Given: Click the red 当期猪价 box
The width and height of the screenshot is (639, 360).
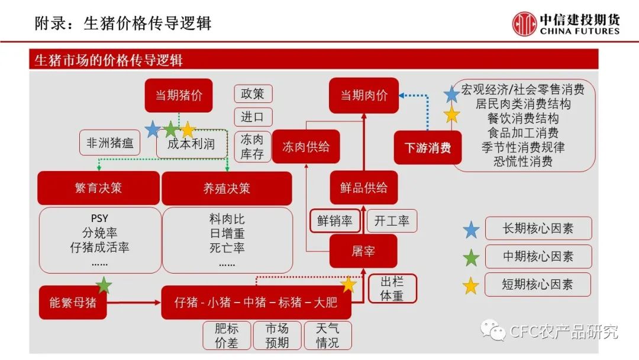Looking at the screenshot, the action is pos(179,95).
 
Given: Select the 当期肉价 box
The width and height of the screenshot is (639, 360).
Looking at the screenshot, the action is pos(364,95).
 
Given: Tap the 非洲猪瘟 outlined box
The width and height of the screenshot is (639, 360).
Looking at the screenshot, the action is pos(109,143).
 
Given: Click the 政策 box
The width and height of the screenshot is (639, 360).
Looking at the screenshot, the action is pos(253,94).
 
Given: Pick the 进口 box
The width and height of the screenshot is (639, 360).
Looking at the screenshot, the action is pos(253,117).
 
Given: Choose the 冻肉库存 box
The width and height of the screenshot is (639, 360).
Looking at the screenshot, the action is pos(252,147).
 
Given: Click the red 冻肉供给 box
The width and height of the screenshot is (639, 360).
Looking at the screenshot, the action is pos(306,147).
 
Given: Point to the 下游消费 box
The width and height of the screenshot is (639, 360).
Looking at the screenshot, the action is pos(428,147).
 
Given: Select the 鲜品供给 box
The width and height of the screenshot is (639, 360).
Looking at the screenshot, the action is pos(364,188).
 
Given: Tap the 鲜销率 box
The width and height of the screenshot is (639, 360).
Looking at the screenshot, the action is pos(335,221).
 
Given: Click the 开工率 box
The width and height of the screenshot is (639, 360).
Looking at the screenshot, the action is pos(392,221).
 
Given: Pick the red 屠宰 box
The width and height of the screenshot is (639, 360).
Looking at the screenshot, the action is pos(363,251).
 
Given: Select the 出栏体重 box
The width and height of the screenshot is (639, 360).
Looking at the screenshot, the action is pos(392,289).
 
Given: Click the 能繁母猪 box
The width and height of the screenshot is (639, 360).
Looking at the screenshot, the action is pos(73,303).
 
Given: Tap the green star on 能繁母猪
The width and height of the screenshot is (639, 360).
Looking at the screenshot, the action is pos(104,285).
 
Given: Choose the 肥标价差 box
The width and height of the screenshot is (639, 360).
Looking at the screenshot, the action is pos(227,336).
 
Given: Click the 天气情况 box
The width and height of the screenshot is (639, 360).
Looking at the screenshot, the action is pos(328,336).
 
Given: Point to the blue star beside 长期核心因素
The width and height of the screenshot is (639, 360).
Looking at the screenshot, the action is pos(471,230).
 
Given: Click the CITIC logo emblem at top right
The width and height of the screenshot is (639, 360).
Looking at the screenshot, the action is pos(524,24).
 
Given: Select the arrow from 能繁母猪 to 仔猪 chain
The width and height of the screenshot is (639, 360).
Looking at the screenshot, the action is pos(134,303).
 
